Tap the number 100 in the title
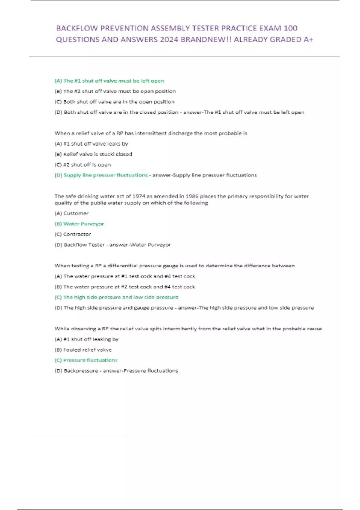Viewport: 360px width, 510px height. pyautogui.click(x=290, y=28)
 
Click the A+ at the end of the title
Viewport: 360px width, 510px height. pyautogui.click(x=308, y=40)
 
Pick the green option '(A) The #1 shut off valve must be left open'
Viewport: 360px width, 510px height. pyautogui.click(x=109, y=81)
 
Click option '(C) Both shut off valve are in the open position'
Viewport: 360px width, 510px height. pyautogui.click(x=114, y=102)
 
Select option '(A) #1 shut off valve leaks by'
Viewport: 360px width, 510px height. pyautogui.click(x=91, y=144)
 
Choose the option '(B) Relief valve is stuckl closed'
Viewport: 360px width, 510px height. pyautogui.click(x=93, y=154)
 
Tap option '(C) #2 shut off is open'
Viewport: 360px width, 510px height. pyautogui.click(x=82, y=165)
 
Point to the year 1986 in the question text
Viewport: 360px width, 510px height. pyautogui.click(x=192, y=196)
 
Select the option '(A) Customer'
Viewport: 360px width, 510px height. pyautogui.click(x=71, y=213)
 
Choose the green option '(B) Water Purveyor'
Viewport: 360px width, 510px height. pyautogui.click(x=79, y=224)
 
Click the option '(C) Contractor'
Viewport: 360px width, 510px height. pyautogui.click(x=73, y=234)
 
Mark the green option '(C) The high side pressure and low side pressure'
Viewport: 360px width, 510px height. pyautogui.click(x=116, y=297)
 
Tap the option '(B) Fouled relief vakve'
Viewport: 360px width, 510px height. pyautogui.click(x=83, y=350)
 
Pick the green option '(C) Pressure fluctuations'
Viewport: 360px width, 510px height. pyautogui.click(x=86, y=360)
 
